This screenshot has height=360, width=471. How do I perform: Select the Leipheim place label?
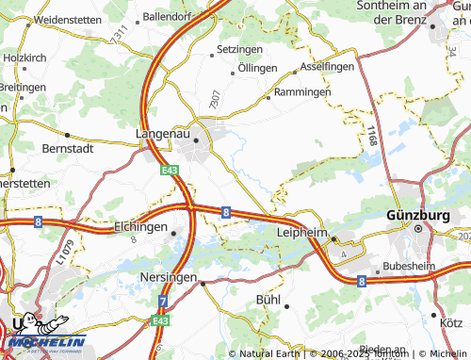pos(301,231)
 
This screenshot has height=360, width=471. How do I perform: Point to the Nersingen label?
pos(170,278)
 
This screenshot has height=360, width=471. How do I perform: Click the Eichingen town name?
pos(140,227)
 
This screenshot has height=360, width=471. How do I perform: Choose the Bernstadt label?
pos(70,148)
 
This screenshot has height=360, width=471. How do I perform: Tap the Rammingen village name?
pos(302,93)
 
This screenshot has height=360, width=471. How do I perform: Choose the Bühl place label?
pos(268,300)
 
